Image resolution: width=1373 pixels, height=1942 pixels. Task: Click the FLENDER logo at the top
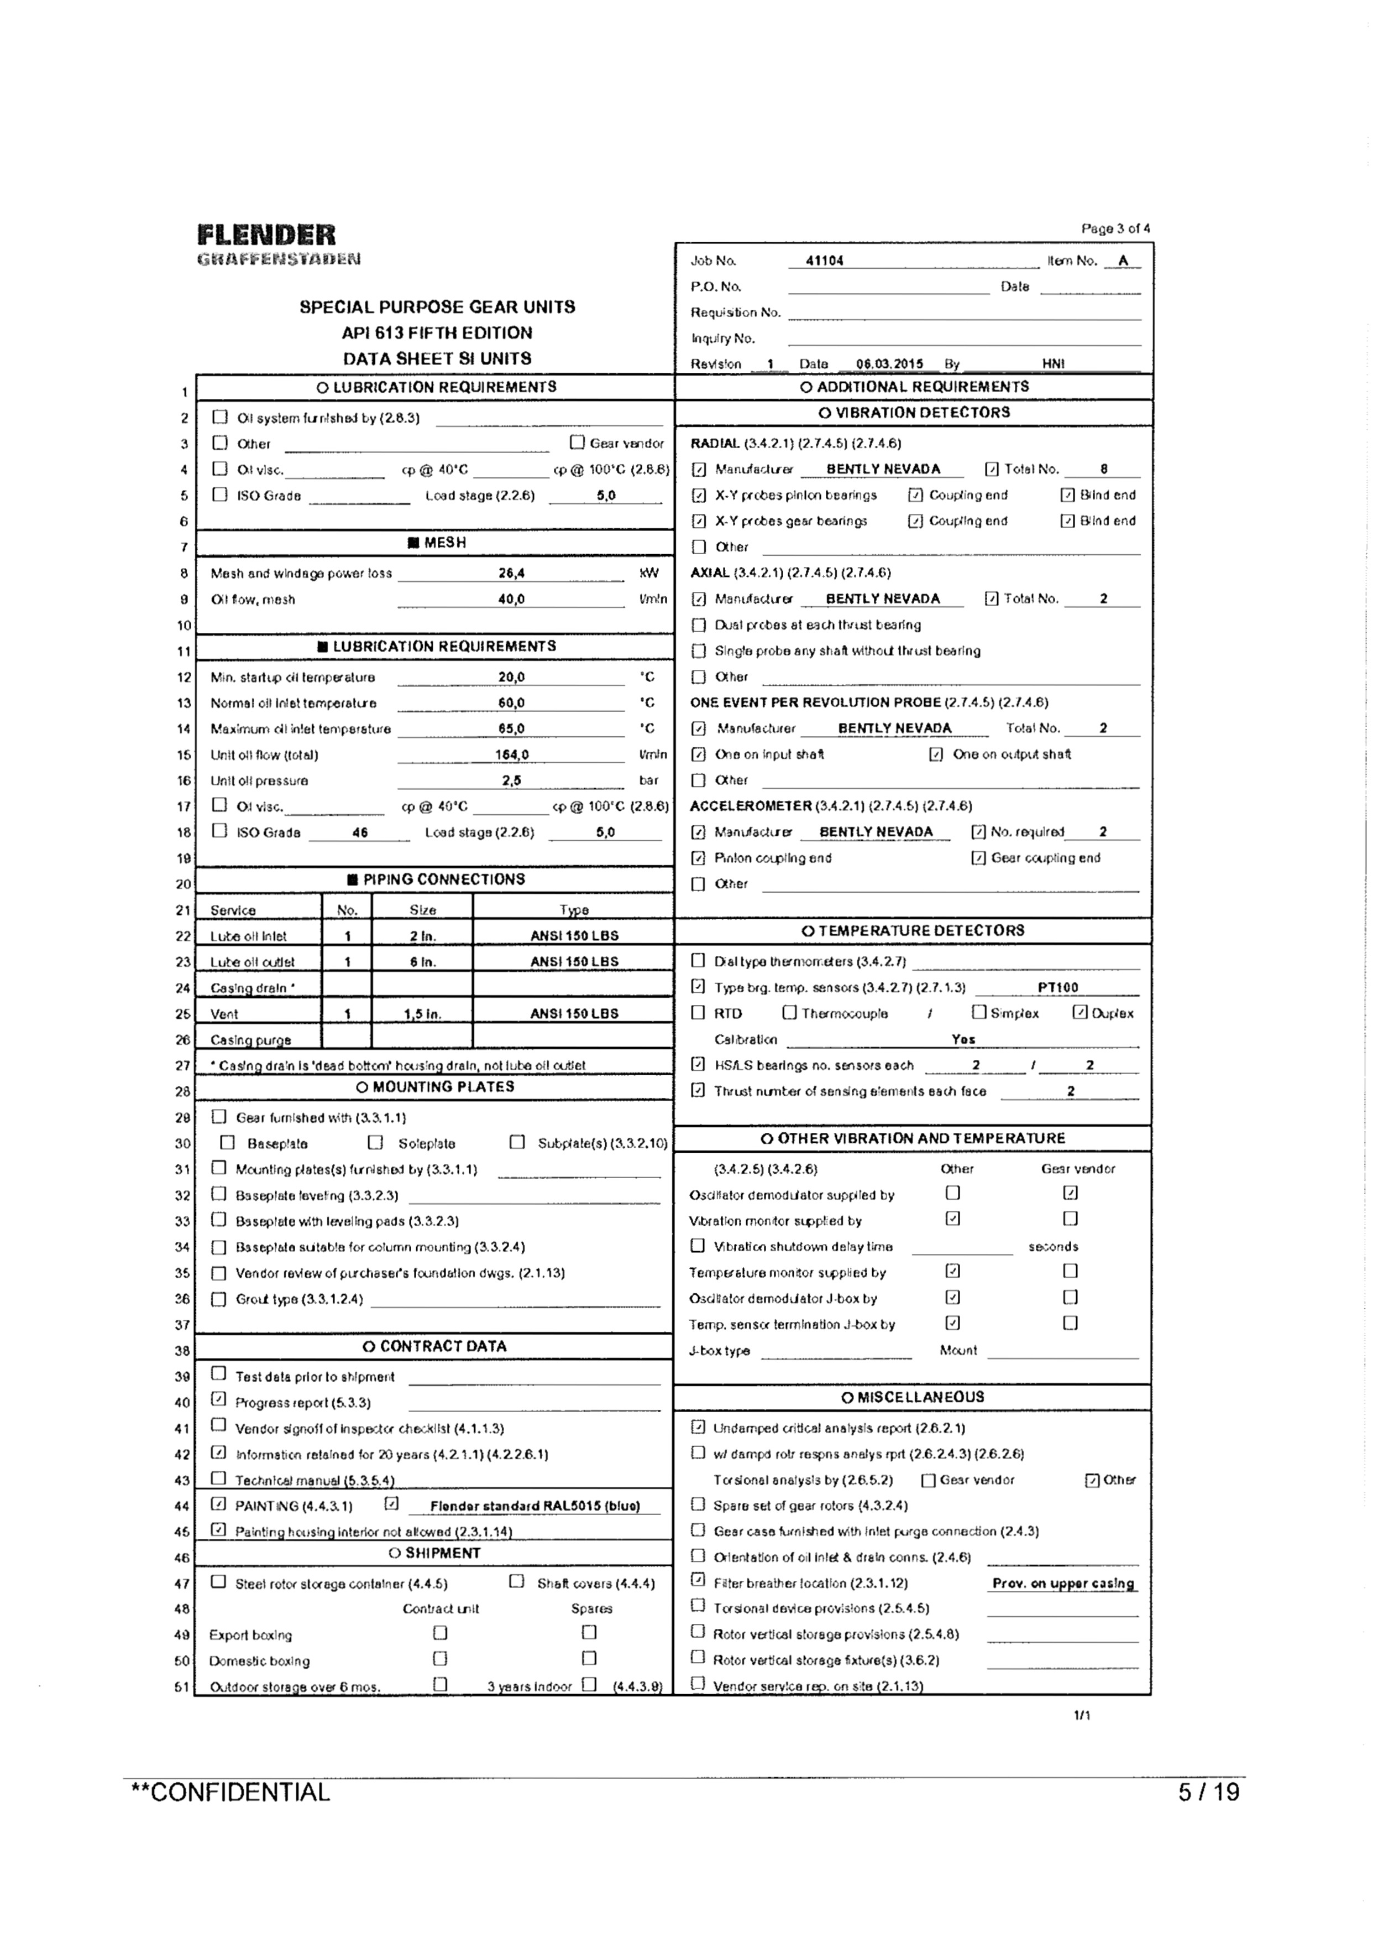pos(266,235)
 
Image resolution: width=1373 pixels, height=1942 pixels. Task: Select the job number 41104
pos(824,261)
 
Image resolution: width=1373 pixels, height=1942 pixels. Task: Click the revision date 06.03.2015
pos(889,364)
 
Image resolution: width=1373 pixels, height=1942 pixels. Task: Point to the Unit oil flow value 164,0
pos(511,754)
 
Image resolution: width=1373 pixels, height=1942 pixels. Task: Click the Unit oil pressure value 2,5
pos(511,780)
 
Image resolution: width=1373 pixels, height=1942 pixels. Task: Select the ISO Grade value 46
pos(360,832)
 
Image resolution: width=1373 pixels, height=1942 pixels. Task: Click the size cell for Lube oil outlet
pos(422,962)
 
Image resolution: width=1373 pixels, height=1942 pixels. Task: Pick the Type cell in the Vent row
pos(574,1013)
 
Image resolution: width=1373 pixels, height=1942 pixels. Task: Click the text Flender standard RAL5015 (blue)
pos(534,1506)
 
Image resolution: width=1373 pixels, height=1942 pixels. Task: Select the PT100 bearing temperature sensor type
pos(1057,987)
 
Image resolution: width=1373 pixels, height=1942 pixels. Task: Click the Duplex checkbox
pos(1079,1012)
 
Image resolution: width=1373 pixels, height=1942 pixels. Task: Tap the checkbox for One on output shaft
pos(936,754)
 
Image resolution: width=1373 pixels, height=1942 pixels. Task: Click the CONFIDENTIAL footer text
pos(231,1792)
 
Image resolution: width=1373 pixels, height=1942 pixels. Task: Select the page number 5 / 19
pos(1209,1792)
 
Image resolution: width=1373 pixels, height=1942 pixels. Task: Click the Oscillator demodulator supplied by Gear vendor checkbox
pos(1070,1193)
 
